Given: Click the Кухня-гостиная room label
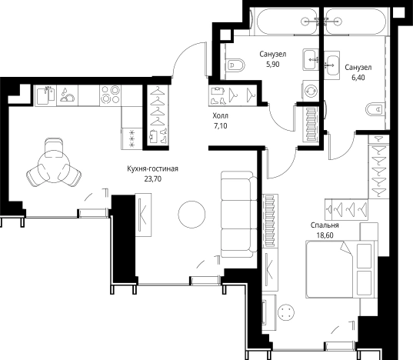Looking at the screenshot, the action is tap(152, 168).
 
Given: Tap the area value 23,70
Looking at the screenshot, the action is tap(153, 179).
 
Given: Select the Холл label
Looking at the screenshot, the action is tap(221, 115).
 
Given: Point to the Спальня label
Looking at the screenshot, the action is tap(325, 225).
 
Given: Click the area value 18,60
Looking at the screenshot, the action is tap(325, 235).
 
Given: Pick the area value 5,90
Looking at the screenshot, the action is tap(272, 65).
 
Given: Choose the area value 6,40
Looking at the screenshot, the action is tap(358, 78).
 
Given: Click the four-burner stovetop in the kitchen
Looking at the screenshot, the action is tap(110, 95).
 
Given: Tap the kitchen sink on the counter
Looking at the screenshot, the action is tap(45, 95).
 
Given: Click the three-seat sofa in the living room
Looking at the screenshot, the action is tap(239, 214).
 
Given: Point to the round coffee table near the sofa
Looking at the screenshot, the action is tap(192, 214).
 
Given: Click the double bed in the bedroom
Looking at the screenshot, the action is tap(341, 269).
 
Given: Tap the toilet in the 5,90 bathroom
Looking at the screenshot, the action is tap(235, 65).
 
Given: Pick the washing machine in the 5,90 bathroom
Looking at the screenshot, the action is tap(311, 90).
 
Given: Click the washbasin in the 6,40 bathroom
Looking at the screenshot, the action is tap(331, 65).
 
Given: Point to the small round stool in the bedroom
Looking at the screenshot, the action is tap(286, 312).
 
